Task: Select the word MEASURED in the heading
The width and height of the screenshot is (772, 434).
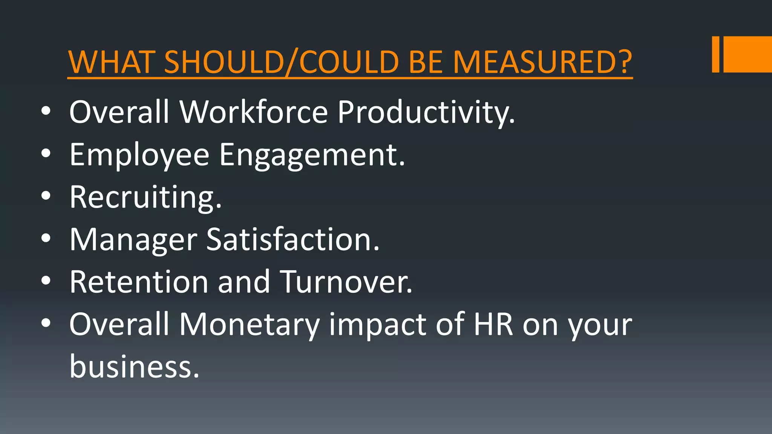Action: coord(535,62)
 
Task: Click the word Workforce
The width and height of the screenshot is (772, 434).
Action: coord(254,112)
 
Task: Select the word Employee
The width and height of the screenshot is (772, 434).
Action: coord(139,155)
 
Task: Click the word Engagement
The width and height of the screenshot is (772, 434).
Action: coord(312,155)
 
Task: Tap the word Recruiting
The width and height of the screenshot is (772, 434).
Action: coord(146,197)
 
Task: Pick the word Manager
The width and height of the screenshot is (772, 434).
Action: coord(133,240)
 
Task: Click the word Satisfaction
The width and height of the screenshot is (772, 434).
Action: coord(293,240)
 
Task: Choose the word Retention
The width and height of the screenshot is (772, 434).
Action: coord(139,282)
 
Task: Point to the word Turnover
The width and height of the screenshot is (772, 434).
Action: coord(346,282)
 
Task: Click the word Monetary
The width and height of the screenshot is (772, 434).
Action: coord(249,325)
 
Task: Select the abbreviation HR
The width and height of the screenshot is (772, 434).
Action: coord(493,325)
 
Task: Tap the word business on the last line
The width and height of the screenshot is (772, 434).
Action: coord(134,367)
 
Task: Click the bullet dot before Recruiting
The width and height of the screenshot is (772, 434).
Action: coord(46,196)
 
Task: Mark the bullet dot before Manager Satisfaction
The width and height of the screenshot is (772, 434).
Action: coord(46,238)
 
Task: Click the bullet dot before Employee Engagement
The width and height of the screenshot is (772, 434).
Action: coord(46,153)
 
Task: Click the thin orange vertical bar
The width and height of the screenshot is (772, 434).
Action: coord(715,54)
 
